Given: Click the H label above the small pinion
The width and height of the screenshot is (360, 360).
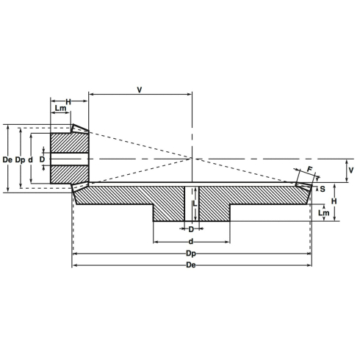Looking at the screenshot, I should pos(68,101).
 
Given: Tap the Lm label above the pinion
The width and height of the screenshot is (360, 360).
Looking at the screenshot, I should pos(62,109).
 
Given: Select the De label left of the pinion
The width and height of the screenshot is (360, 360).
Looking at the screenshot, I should pos(7,159).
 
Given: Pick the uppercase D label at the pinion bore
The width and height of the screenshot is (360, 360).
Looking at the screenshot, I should pos(42,159).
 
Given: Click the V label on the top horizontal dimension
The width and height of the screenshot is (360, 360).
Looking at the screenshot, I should pos(140,90).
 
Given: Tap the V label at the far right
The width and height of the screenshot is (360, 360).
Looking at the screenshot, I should pos(351,170).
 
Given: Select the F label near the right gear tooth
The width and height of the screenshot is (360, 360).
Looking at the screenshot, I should pos(309,170).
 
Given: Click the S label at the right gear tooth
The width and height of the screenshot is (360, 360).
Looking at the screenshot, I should pos(323,189).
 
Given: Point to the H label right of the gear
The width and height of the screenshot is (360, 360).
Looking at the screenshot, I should pos(334,201).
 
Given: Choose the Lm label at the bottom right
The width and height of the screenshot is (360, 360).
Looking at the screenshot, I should pos(324,213).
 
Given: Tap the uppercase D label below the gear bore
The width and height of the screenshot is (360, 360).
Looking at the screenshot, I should pos(191,228).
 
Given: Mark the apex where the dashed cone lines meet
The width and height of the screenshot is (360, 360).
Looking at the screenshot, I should pos(192,159).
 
